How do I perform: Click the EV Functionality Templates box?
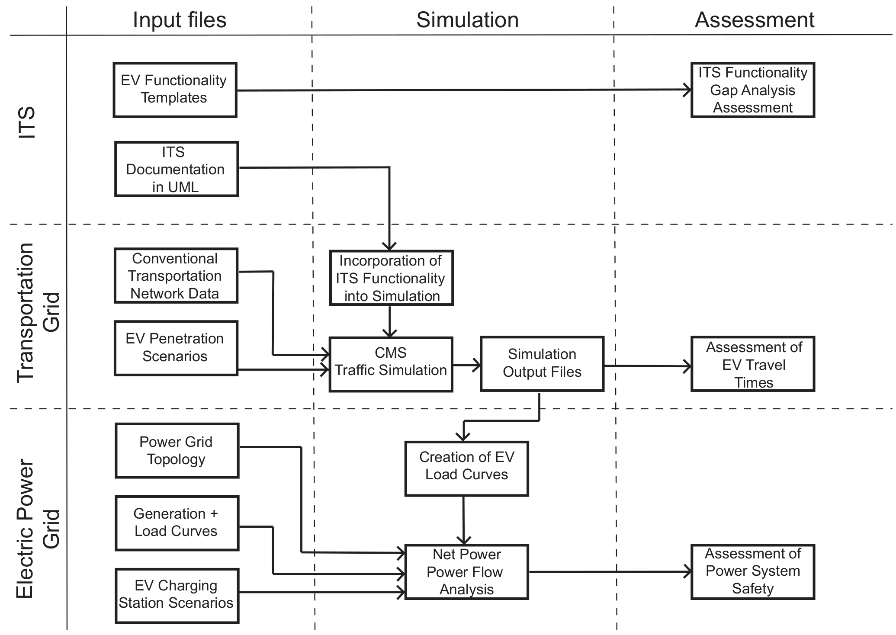point(175,90)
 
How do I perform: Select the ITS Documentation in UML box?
point(176,169)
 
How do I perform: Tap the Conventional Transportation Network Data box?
point(176,276)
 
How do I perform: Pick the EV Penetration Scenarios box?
point(176,348)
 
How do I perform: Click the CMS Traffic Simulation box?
point(391,365)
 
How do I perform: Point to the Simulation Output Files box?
point(542,364)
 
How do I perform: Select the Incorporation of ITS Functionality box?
point(391,278)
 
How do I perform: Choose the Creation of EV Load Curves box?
point(466,468)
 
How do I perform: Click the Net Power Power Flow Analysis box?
point(466,572)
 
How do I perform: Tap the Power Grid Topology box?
point(177,450)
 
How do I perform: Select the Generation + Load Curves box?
point(177,523)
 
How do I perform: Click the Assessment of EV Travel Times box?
point(752,364)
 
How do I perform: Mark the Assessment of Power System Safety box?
point(752,572)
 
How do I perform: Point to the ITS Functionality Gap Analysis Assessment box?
point(752,90)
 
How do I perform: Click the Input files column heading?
point(180,20)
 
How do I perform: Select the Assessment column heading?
point(754,20)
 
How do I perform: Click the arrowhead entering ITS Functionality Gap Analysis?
point(687,90)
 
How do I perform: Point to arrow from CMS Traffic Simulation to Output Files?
point(467,365)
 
